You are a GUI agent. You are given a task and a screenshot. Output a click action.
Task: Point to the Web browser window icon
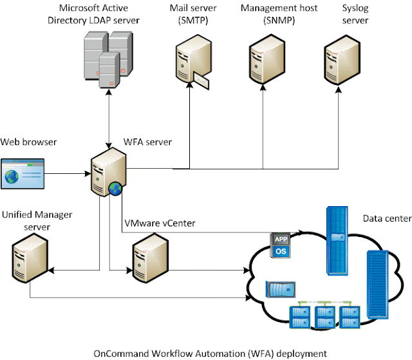point(23,174)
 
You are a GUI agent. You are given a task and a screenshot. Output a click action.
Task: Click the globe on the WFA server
point(115,189)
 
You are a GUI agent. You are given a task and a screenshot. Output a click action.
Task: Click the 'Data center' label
point(387,219)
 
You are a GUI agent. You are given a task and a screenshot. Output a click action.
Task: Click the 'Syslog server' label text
point(355,15)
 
